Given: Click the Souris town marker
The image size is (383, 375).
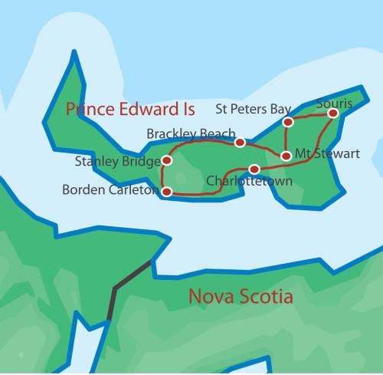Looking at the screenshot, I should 333,113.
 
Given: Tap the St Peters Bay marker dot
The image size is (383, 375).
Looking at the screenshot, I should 288,122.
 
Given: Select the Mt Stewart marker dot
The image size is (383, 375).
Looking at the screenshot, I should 286,156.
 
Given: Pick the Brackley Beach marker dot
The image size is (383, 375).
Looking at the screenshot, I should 240,143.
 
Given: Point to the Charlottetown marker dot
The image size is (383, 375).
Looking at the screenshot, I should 254,169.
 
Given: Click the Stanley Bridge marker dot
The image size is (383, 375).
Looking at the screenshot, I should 167,161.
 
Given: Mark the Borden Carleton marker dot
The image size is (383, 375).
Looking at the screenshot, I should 167,192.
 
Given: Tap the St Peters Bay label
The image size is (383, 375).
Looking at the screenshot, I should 252,108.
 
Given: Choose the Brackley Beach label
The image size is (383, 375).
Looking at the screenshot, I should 191,134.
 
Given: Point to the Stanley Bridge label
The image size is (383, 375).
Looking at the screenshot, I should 117,161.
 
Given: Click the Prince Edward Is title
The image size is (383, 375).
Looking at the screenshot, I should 130,108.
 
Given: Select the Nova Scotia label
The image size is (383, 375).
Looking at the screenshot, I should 241,296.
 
